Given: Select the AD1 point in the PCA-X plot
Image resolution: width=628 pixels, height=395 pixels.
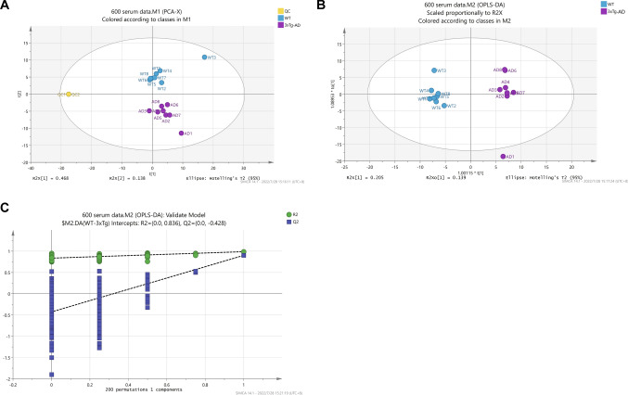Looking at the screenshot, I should [181, 134].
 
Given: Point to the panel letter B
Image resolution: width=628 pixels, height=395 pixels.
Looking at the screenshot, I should [320, 6].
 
